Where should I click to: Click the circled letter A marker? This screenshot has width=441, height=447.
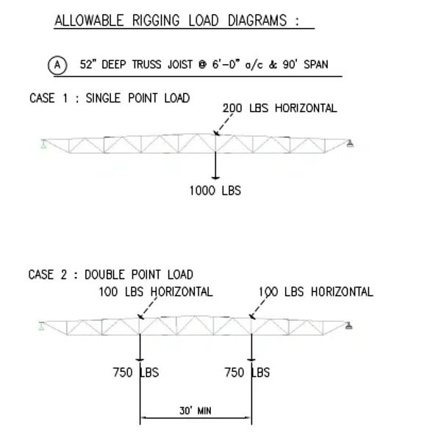click(57, 66)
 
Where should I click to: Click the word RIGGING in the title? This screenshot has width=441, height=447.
click(156, 21)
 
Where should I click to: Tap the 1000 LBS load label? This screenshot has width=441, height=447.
click(215, 191)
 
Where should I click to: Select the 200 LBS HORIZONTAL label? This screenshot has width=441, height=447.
click(280, 108)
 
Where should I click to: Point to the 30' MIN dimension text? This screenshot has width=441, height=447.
click(196, 411)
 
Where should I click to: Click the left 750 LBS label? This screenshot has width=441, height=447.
click(136, 373)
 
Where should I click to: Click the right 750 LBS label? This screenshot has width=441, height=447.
click(247, 373)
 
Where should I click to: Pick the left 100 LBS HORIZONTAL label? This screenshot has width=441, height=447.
click(156, 292)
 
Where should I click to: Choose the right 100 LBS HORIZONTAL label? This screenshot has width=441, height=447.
click(316, 292)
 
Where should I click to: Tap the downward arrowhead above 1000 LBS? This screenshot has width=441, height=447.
click(215, 177)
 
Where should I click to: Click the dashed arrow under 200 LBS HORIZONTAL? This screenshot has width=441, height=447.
click(223, 124)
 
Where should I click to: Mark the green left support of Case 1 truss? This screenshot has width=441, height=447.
click(43, 144)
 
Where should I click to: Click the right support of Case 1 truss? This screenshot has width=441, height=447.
click(350, 144)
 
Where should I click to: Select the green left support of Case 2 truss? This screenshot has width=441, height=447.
click(42, 325)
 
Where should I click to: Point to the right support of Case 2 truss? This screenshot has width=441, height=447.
click(349, 325)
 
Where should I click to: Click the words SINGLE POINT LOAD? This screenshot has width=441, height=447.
click(137, 98)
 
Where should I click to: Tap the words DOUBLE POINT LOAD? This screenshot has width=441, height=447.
click(139, 275)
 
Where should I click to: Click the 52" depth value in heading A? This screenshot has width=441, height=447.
click(88, 64)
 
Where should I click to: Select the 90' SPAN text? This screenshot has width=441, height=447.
click(305, 64)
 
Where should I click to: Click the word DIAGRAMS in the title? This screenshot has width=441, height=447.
click(257, 21)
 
